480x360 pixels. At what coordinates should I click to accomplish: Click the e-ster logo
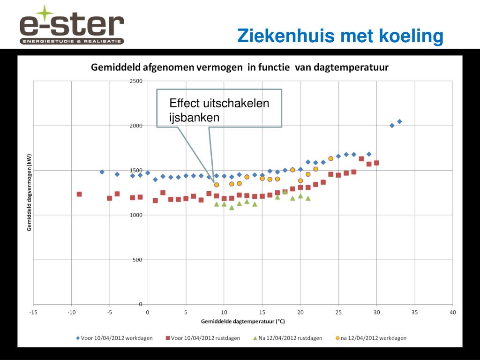tap(72, 26)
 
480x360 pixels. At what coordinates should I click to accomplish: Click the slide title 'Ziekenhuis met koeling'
tap(340, 36)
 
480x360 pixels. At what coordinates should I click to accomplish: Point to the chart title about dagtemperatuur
tap(240, 67)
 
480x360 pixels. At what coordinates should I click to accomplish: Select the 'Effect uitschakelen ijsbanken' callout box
tap(219, 108)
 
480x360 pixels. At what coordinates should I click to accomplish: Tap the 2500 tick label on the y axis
tap(136, 81)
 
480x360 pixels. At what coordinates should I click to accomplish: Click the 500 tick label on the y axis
tap(137, 260)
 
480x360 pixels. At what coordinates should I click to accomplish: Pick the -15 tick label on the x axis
tap(33, 312)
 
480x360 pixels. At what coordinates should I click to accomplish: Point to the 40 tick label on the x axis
tap(453, 312)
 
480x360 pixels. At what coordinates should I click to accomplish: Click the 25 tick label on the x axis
tap(338, 312)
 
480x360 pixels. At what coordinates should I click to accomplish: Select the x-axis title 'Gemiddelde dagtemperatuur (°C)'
tap(243, 322)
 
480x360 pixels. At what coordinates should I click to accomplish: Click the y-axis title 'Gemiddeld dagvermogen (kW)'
tap(29, 193)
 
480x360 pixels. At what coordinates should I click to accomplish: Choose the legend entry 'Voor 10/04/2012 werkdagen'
tap(114, 338)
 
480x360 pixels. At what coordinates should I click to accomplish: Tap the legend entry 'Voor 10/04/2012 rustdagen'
tap(202, 338)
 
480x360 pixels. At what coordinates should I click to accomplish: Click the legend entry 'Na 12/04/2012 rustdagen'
tap(287, 338)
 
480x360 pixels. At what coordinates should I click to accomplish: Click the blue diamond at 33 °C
tap(399, 121)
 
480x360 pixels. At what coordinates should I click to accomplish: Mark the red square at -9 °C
tap(79, 194)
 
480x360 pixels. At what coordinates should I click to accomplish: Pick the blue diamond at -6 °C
tap(102, 172)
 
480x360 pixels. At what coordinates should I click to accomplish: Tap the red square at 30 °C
tap(376, 163)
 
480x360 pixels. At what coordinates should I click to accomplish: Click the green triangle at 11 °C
tap(232, 208)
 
